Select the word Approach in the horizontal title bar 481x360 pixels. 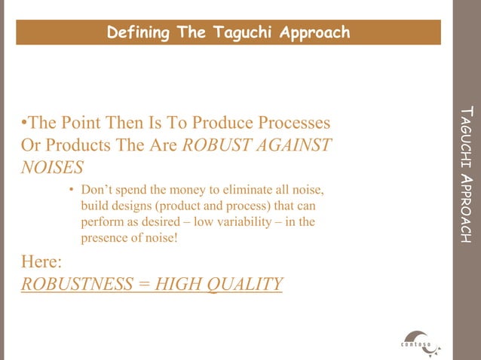tap(314, 32)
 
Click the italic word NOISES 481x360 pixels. tap(52, 166)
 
